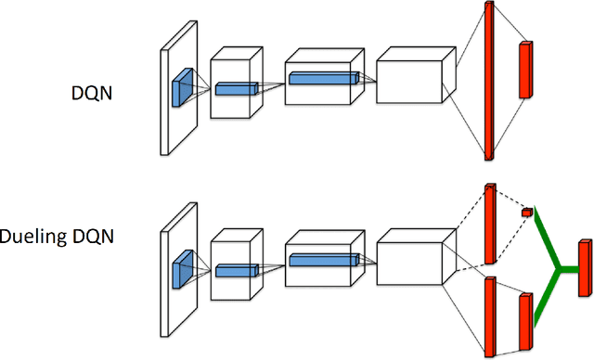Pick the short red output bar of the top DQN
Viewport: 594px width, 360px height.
click(x=527, y=70)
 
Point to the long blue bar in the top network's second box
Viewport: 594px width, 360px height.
click(x=323, y=78)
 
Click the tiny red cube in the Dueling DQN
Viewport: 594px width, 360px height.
click(x=527, y=212)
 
